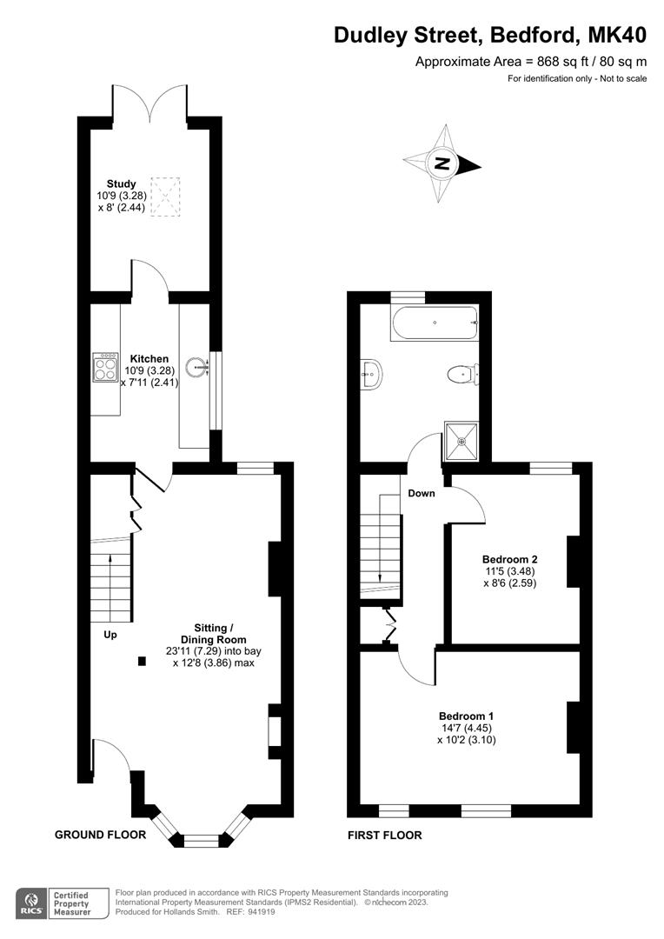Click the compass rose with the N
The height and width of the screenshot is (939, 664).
coord(443,163)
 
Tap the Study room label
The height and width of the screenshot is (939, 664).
coord(122,183)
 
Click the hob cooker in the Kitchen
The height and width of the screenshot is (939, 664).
coord(105,368)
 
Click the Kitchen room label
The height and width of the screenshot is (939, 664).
coord(149,358)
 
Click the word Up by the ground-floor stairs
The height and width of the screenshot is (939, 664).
coord(110,635)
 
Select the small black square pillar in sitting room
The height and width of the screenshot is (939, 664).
coord(142,661)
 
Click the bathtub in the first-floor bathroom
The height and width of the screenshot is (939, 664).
coord(435,323)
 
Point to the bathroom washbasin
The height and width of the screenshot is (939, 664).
coord(371,375)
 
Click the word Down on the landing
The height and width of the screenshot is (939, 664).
coord(422,493)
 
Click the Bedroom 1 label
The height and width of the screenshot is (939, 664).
coord(467,716)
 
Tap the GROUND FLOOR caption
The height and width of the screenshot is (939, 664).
coord(100,835)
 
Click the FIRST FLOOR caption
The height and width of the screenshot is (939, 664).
coord(384,836)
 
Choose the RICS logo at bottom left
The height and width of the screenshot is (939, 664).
coord(32,902)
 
